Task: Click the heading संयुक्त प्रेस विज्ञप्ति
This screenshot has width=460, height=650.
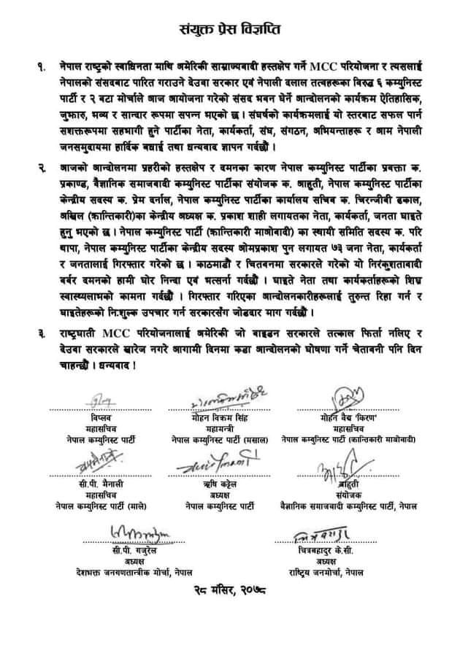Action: pyautogui.click(x=229, y=30)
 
